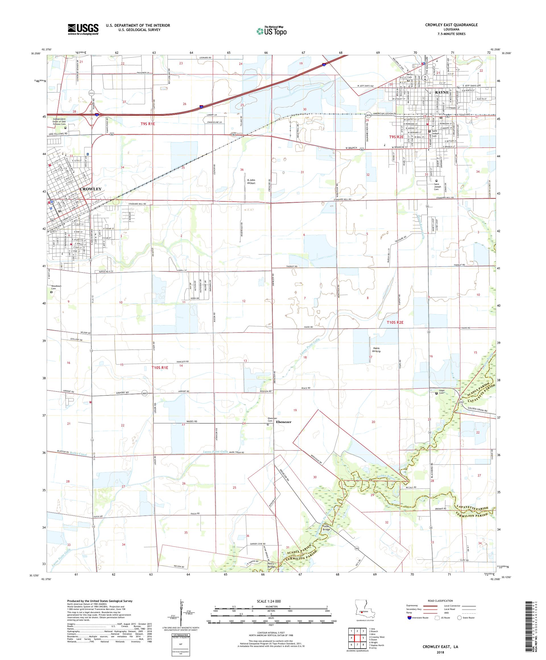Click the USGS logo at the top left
click(83, 29)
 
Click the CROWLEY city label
click(90, 189)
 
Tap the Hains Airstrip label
click(376, 349)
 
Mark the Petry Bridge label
click(270, 565)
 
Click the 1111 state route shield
click(91, 93)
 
